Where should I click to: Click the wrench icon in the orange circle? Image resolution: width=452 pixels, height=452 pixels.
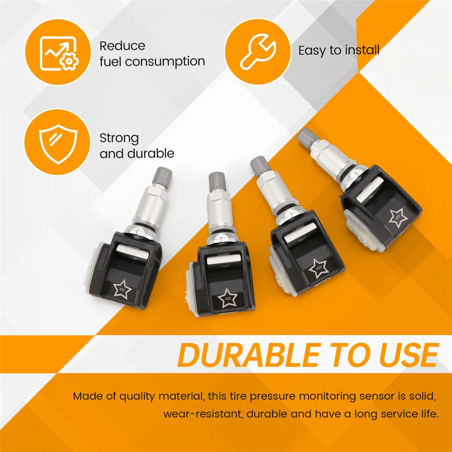(258, 51)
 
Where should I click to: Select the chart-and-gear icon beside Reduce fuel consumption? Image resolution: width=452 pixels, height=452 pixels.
(59, 53)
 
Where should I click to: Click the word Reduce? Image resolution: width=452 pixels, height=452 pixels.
(122, 46)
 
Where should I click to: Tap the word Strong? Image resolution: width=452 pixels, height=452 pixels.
(119, 138)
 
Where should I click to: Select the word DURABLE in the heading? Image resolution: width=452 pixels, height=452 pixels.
(249, 355)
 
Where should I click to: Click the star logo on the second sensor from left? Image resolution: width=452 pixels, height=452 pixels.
(228, 298)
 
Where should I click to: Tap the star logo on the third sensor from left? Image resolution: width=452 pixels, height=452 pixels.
(319, 268)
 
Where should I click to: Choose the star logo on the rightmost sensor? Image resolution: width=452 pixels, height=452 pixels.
(398, 218)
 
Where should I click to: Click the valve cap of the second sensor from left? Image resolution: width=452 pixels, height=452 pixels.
(217, 182)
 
